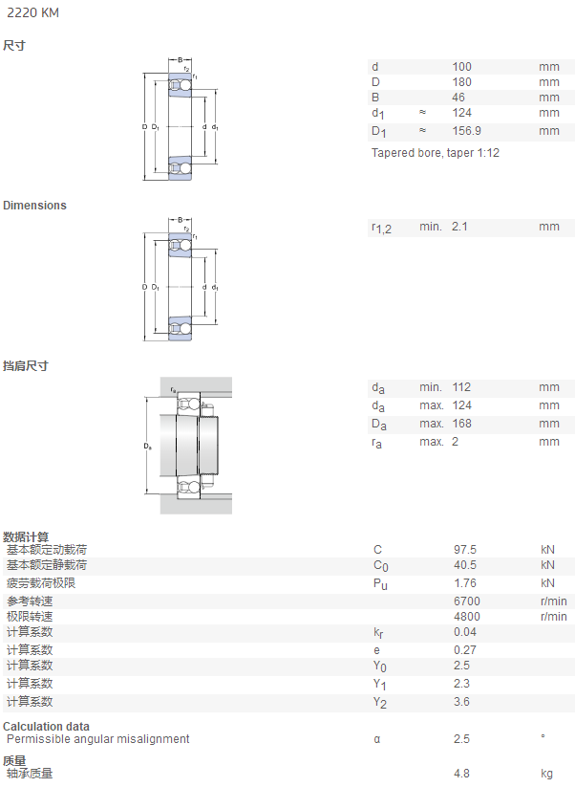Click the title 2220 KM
(x=32, y=12)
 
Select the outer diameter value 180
(x=461, y=82)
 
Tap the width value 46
(x=458, y=98)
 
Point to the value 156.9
(x=467, y=131)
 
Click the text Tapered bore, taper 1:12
(x=436, y=153)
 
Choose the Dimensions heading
(x=34, y=206)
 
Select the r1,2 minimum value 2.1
(x=459, y=227)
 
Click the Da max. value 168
(x=461, y=424)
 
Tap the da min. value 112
(x=461, y=387)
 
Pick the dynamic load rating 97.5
(x=465, y=550)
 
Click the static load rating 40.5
(x=465, y=565)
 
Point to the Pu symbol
(x=380, y=584)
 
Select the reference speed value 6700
(x=467, y=601)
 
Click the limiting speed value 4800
(x=467, y=617)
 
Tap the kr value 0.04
(x=465, y=632)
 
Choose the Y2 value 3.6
(x=461, y=702)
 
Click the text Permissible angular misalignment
(x=98, y=739)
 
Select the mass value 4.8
(x=461, y=774)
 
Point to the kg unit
(x=547, y=774)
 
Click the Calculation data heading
(x=46, y=726)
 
